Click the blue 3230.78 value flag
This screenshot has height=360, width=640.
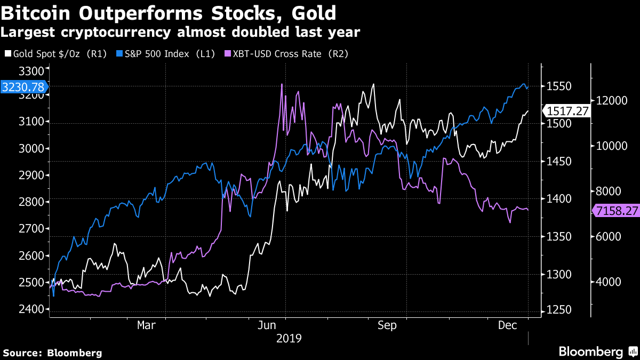(x=24, y=87)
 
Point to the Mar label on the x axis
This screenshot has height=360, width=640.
(x=146, y=325)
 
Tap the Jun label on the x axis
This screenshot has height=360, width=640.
(x=267, y=325)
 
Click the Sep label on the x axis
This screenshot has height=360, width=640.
(x=387, y=325)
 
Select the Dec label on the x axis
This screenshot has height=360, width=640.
(x=508, y=325)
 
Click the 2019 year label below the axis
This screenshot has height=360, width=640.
(x=289, y=338)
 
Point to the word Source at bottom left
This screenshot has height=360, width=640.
(x=21, y=353)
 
